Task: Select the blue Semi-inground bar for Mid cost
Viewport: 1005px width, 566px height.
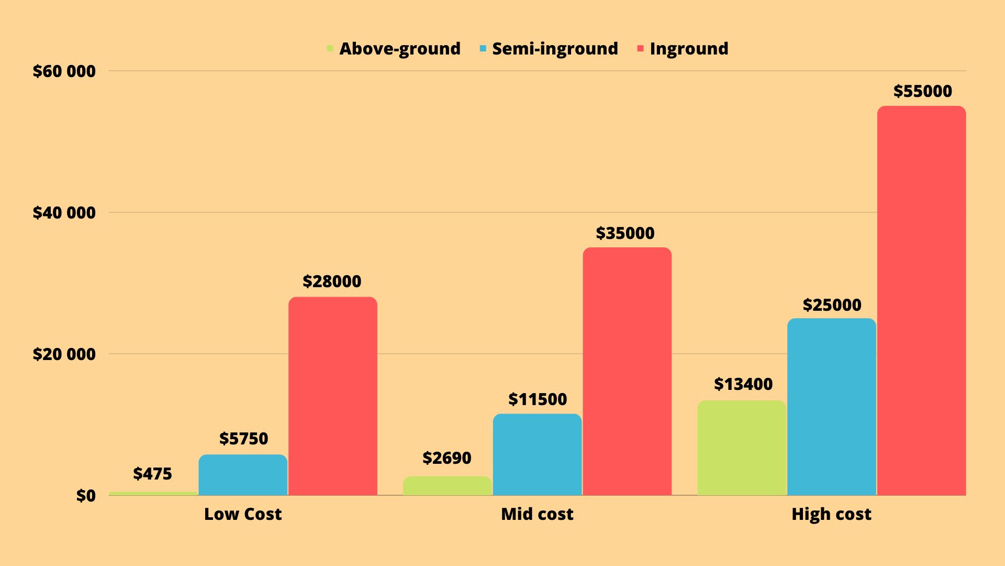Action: pos(537,454)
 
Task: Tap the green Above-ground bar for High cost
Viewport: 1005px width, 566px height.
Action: pos(742,448)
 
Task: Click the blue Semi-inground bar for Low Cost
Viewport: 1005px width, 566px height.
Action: pos(243,474)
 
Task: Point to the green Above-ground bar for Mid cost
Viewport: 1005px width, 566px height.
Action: pos(447,485)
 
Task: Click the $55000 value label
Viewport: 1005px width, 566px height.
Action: pos(922,91)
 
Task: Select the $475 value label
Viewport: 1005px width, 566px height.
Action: pos(152,474)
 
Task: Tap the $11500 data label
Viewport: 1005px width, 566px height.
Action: pos(538,399)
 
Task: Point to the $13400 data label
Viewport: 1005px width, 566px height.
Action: pos(743,384)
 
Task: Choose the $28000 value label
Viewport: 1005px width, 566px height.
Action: pos(332,281)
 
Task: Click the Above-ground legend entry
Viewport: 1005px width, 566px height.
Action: pos(399,49)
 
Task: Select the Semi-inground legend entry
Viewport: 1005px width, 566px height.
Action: pos(555,49)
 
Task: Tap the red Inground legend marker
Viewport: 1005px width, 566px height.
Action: pos(640,49)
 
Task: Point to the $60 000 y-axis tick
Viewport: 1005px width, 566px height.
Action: pos(64,71)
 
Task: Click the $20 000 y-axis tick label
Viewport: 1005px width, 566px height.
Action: pos(64,354)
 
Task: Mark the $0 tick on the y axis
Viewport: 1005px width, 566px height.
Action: pos(86,496)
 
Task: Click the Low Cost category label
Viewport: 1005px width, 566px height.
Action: pos(243,514)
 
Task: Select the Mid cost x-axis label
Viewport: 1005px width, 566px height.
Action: pos(537,514)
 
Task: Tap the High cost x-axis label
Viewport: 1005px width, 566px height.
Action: pos(831,514)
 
